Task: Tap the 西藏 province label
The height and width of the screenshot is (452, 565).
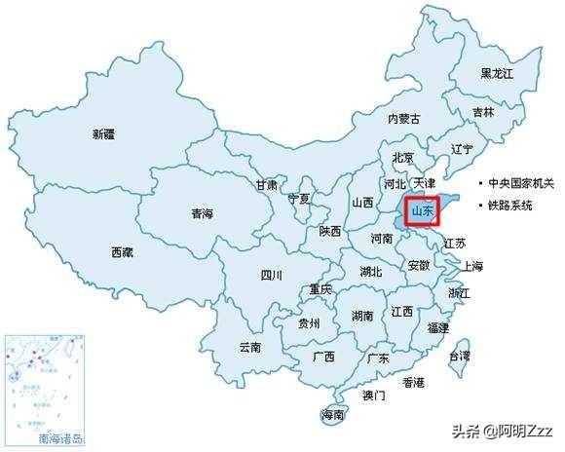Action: pyautogui.click(x=124, y=252)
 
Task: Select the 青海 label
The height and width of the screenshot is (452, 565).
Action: pyautogui.click(x=202, y=212)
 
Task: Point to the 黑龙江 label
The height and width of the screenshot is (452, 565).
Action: pyautogui.click(x=498, y=74)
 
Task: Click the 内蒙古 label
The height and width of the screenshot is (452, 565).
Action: pyautogui.click(x=403, y=119)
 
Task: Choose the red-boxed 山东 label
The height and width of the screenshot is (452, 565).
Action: pyautogui.click(x=423, y=209)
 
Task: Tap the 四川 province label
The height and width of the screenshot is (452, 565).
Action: pyautogui.click(x=271, y=275)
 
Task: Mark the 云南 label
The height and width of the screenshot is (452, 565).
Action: pyautogui.click(x=250, y=347)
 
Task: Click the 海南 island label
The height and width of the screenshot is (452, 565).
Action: pyautogui.click(x=332, y=415)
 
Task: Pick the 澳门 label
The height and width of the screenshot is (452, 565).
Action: pyautogui.click(x=373, y=395)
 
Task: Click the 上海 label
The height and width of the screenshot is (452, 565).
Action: pyautogui.click(x=472, y=266)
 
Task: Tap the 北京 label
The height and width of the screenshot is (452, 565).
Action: pyautogui.click(x=402, y=158)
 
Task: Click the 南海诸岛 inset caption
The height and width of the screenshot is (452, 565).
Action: pyautogui.click(x=61, y=438)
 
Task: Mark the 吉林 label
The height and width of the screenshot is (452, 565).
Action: pyautogui.click(x=482, y=113)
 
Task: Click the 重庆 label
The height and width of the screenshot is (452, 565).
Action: pyautogui.click(x=320, y=289)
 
